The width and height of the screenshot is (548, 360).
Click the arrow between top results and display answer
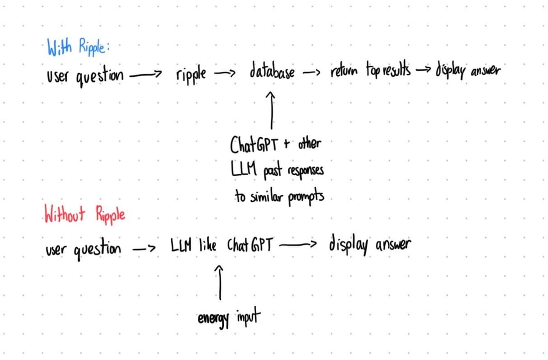(423, 71)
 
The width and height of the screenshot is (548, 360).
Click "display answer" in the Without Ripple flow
(369, 245)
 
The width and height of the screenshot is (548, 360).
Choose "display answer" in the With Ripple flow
(468, 71)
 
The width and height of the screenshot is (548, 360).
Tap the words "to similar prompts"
(279, 198)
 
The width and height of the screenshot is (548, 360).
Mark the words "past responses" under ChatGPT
(293, 172)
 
